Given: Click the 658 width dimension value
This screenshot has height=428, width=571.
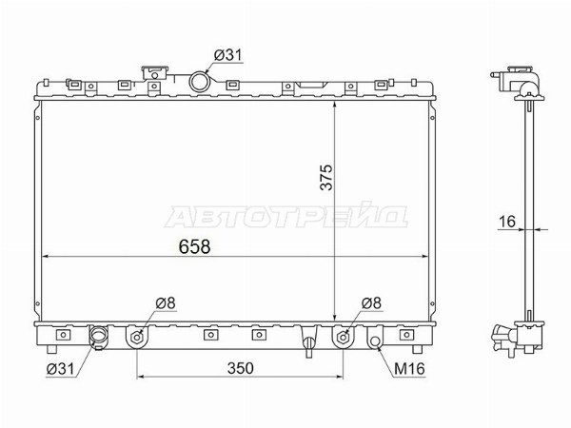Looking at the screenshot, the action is [194, 246].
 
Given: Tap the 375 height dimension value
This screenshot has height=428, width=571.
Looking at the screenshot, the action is [326, 177].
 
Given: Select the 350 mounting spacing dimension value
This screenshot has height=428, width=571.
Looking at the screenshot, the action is [241, 368].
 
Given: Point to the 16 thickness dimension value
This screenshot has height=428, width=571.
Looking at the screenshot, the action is [507, 222].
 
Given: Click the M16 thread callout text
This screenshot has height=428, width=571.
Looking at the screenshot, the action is [409, 369].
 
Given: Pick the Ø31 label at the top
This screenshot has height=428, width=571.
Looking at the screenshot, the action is [228, 55].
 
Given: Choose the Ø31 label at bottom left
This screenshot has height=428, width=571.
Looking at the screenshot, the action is [60, 369].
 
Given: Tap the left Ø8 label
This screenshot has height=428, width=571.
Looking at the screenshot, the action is [166, 302].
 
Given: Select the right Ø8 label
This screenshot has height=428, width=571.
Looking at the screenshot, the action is [371, 302].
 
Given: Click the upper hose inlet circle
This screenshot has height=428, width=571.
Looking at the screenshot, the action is [199, 82].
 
